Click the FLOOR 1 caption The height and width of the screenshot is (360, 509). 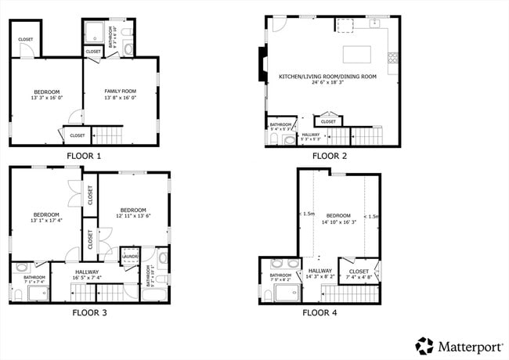pos(84,156)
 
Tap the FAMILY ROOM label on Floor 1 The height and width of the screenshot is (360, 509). pos(121,92)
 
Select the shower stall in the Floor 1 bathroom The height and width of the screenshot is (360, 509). pos(94,34)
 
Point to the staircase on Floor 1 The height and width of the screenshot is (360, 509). pos(109,136)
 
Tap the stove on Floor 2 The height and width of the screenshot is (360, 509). pos(394,57)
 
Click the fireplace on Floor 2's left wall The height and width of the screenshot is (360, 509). pos(260,64)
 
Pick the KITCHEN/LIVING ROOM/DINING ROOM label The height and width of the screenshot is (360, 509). pos(328,76)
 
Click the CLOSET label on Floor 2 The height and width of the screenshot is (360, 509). pos(328,121)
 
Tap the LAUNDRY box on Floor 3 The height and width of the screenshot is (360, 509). pos(130,255)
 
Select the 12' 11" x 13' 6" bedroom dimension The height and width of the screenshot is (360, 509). pos(132,216)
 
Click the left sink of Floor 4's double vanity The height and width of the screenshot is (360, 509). pos(276,264)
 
